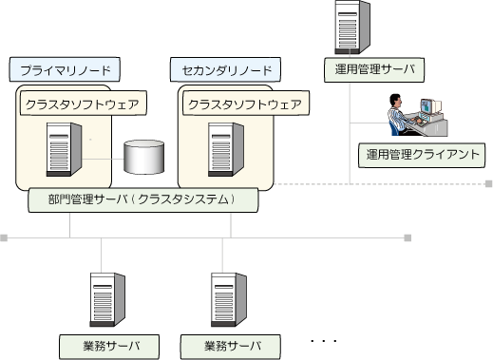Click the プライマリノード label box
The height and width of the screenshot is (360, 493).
pyautogui.click(x=65, y=69)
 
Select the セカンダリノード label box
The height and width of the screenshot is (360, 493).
pyautogui.click(x=225, y=69)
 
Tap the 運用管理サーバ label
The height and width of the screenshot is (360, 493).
pyautogui.click(x=374, y=69)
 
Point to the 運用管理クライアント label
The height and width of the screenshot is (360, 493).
pyautogui.click(x=422, y=155)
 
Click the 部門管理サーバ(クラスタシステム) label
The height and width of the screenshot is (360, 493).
pyautogui.click(x=143, y=200)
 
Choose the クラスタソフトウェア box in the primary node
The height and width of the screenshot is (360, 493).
pyautogui.click(x=84, y=104)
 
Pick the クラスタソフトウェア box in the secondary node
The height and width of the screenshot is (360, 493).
pyautogui.click(x=246, y=104)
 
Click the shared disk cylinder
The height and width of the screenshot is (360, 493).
pyautogui.click(x=144, y=157)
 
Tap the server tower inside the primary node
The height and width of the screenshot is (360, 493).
pyautogui.click(x=64, y=149)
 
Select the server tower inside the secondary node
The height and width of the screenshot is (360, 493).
pyautogui.click(x=226, y=149)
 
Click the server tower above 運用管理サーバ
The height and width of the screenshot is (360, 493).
pyautogui.click(x=352, y=28)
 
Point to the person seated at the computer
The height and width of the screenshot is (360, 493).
pyautogui.click(x=399, y=115)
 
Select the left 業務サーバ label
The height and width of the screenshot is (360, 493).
pyautogui.click(x=109, y=347)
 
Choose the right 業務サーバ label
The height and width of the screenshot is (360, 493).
pyautogui.click(x=231, y=347)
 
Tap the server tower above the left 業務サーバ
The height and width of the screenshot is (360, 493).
pyautogui.click(x=107, y=299)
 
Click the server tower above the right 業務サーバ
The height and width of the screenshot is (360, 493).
pyautogui.click(x=229, y=299)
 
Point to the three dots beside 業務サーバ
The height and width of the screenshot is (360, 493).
pyautogui.click(x=324, y=341)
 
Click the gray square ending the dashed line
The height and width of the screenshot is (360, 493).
pyautogui.click(x=489, y=183)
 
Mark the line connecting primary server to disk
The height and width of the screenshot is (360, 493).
pyautogui.click(x=103, y=159)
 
